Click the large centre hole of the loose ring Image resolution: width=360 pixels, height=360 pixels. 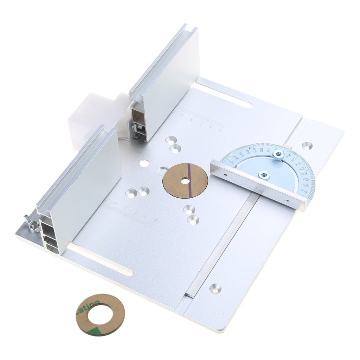[101, 314]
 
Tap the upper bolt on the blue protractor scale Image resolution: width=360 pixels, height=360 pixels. [278, 155]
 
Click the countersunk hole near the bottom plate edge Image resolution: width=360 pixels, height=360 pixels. [215, 288]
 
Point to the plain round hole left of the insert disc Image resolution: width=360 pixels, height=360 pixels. [144, 163]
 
